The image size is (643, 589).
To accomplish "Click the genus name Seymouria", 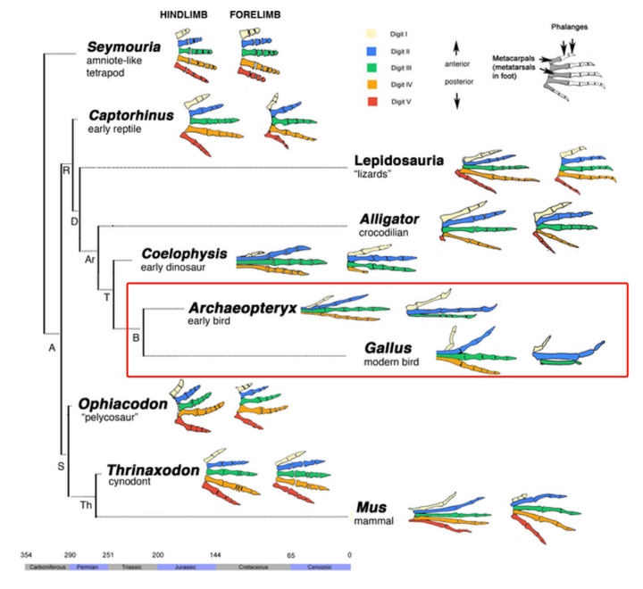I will tap(125, 47).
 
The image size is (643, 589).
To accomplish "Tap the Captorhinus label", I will tap(131, 115).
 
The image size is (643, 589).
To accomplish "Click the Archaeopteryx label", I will tap(241, 308).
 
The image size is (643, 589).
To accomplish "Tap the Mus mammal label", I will tap(370, 507).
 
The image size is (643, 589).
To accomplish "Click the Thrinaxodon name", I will tap(152, 470).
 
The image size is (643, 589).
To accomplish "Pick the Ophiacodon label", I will tap(123, 404).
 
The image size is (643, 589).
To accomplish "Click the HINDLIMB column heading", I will tap(187, 15).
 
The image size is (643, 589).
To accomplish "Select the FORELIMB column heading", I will tap(257, 15).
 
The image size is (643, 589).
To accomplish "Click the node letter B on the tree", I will tap(136, 336).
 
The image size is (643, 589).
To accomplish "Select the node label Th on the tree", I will tap(86, 506).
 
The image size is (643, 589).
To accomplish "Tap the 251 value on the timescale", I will tap(108, 555).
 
